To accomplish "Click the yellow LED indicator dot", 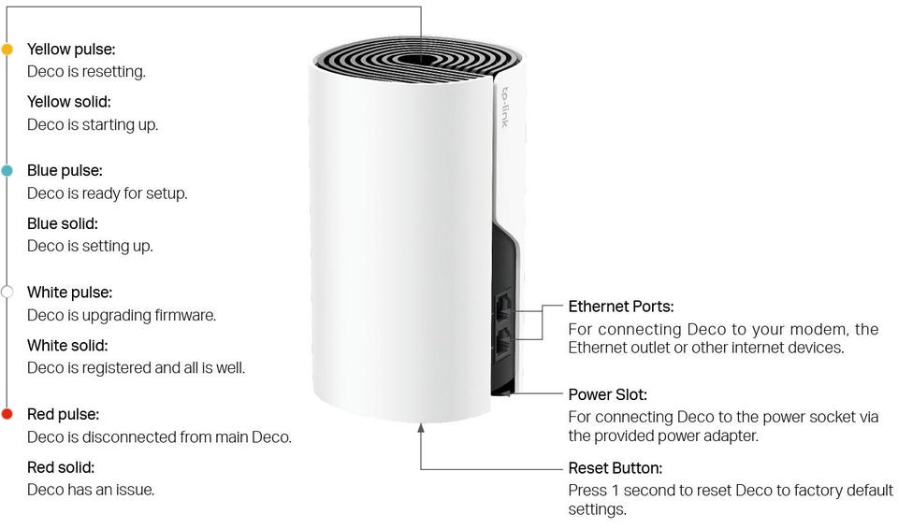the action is tap(7, 50).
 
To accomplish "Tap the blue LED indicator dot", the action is tap(7, 170).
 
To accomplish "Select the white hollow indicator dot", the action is tap(7, 293).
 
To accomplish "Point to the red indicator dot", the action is tap(7, 414).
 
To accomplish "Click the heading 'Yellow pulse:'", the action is tap(71, 50).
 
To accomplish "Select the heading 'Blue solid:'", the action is tap(63, 223).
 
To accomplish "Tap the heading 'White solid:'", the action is tap(67, 346).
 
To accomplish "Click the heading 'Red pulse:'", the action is tap(63, 414).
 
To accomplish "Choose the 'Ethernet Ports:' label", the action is tap(621, 307).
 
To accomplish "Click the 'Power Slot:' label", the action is tap(607, 394).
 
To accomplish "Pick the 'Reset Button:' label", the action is tap(616, 468).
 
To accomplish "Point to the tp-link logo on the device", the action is tap(504, 107).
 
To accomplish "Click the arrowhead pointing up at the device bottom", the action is tap(421, 428).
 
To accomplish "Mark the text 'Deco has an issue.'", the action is tap(91, 491).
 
